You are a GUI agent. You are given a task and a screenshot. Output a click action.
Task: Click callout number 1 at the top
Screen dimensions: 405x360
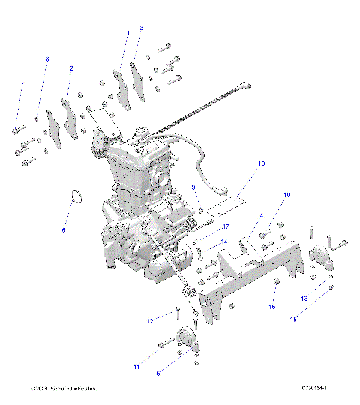(127, 33)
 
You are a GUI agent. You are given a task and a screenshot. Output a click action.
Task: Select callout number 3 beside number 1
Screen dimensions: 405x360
(141, 28)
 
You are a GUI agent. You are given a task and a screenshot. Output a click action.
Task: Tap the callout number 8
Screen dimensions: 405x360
(46, 58)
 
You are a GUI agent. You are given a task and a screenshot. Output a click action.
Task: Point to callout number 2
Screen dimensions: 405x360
(71, 68)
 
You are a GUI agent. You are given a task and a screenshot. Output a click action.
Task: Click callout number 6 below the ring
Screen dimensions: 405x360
(63, 229)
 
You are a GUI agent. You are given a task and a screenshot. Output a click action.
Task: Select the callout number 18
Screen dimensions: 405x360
(261, 163)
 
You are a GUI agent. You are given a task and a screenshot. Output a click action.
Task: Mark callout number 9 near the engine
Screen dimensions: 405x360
(193, 187)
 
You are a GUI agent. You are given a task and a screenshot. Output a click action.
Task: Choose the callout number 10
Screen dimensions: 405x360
(286, 196)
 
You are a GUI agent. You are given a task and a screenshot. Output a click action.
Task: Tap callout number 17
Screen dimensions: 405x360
(224, 227)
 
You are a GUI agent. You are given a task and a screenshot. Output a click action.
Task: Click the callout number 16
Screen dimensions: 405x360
(272, 307)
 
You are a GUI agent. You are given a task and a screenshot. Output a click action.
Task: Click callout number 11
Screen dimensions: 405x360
(136, 367)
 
